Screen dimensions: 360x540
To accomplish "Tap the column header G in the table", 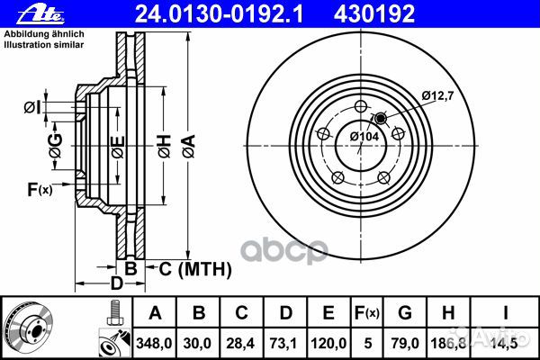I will pos(407,312).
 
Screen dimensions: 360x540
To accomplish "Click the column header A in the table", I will pos(154,312).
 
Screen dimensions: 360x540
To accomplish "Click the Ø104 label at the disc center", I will pos(364,136).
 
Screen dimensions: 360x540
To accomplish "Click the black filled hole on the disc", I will pos(380,119).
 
